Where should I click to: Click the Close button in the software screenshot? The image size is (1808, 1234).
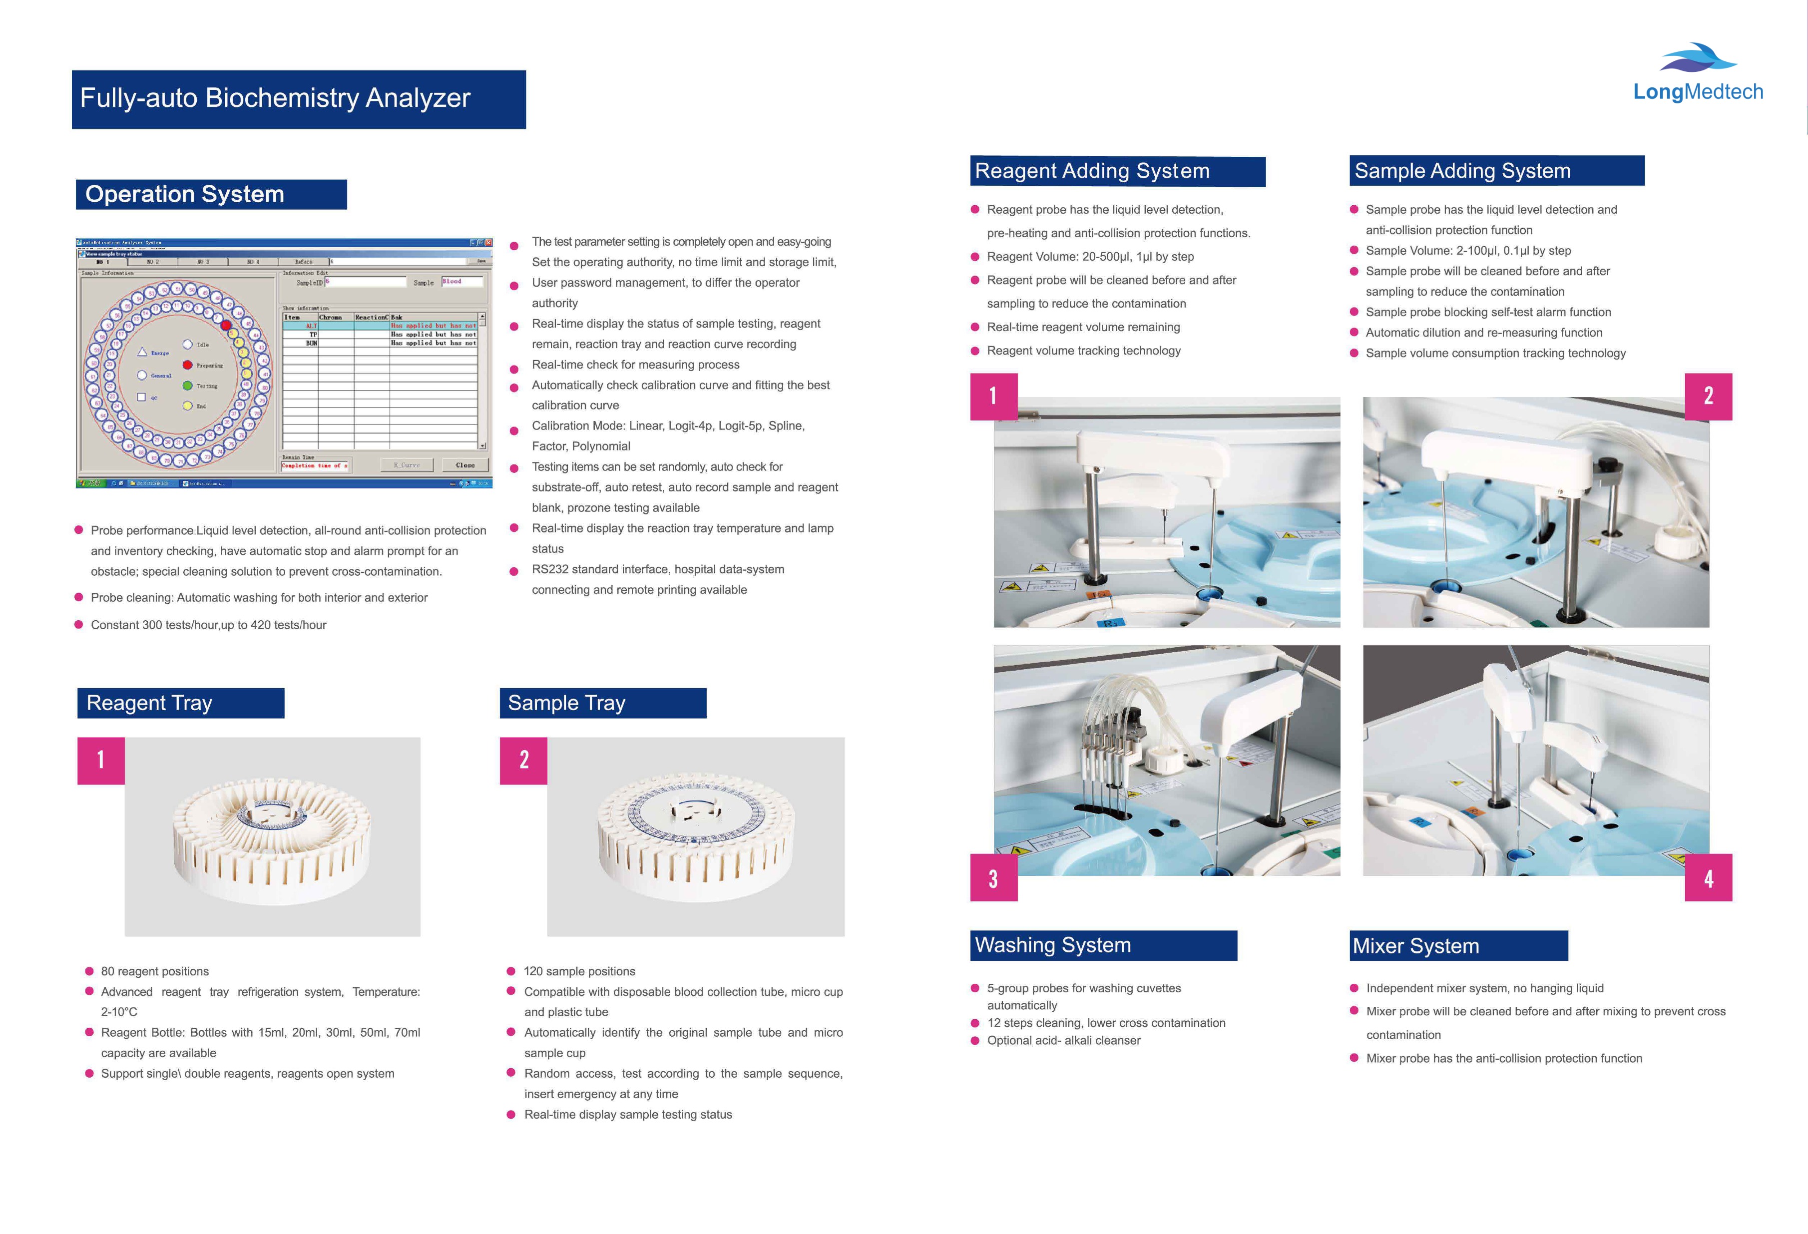[x=465, y=465]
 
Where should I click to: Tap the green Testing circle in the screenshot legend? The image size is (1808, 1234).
[x=187, y=386]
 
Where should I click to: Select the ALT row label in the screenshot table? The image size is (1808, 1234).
[x=311, y=326]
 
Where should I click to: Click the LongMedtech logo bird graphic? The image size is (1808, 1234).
[x=1698, y=58]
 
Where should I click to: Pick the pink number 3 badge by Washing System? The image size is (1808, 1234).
[x=993, y=878]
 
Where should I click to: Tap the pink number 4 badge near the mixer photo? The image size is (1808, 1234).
[x=1709, y=878]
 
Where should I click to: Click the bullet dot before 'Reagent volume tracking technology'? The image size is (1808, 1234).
[x=975, y=351]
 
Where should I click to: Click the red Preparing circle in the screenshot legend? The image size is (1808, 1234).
[x=187, y=365]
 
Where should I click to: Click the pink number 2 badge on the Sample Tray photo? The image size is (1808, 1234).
[x=523, y=760]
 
